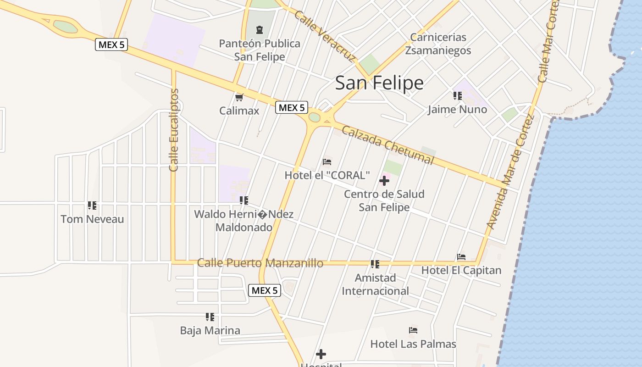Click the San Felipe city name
click(x=379, y=83)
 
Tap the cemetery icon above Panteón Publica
click(x=260, y=30)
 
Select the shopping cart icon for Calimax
click(x=239, y=97)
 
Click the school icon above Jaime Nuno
click(x=457, y=96)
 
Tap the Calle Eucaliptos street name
click(x=174, y=130)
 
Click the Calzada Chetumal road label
click(x=387, y=145)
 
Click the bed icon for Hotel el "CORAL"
click(x=327, y=161)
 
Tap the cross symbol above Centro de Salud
click(x=384, y=181)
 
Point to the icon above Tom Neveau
click(x=92, y=206)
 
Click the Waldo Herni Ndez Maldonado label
click(x=244, y=221)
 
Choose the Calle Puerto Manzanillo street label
click(x=260, y=263)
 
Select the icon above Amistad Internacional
click(x=375, y=264)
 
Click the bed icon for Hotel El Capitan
click(x=461, y=257)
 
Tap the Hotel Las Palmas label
click(x=413, y=344)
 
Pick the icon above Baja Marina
click(x=210, y=317)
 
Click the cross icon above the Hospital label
click(x=321, y=354)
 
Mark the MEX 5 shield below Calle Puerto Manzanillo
click(x=265, y=290)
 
